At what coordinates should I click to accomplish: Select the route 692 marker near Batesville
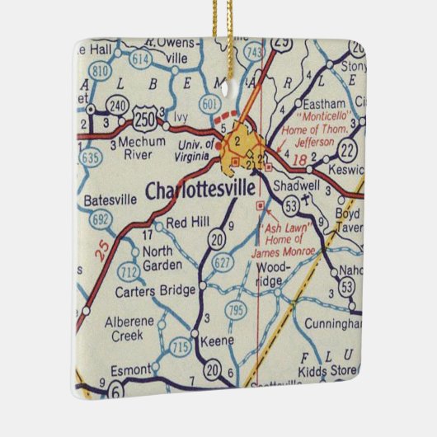point(101,219)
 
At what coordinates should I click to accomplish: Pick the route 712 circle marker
point(128,272)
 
